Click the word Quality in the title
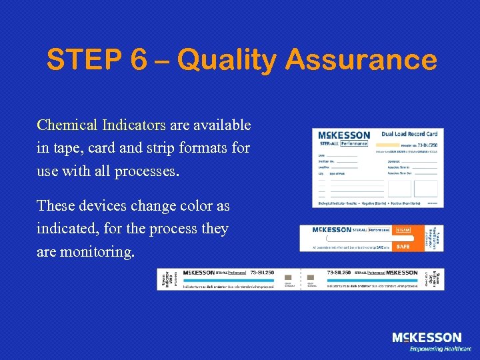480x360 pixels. click(227, 61)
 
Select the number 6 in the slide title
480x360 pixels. click(139, 60)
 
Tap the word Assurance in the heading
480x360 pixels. click(361, 60)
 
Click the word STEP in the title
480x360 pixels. click(84, 60)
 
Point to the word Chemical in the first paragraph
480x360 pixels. click(67, 125)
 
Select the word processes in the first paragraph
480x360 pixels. click(147, 171)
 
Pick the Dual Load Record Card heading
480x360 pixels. click(409, 134)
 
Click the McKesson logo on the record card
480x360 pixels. click(344, 135)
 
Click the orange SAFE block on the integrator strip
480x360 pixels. click(403, 246)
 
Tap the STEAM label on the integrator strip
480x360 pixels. click(403, 231)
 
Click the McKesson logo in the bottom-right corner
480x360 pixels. click(426, 338)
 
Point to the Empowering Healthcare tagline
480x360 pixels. click(440, 349)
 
